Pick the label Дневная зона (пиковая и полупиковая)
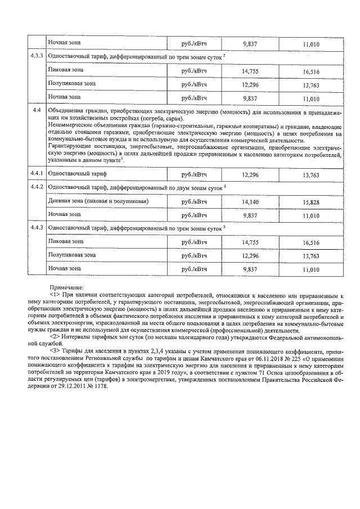coord(98,201)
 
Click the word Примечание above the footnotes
coord(67,287)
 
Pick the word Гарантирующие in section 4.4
coord(68,147)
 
